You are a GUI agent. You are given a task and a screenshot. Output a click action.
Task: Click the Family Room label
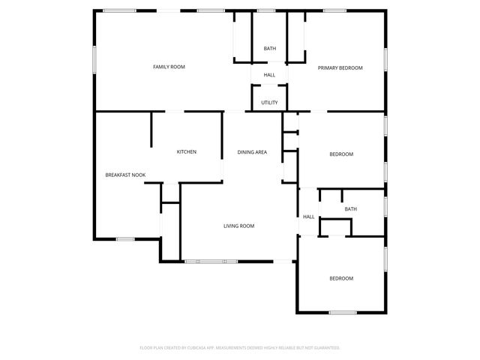(169, 67)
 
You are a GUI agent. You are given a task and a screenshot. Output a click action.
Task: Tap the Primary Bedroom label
(340, 67)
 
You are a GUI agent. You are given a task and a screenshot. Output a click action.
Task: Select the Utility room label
(269, 103)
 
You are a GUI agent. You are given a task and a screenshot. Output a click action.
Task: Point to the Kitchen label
(186, 152)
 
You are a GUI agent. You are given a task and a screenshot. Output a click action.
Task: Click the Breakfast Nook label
(125, 175)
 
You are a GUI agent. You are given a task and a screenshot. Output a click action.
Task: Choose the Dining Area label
(252, 152)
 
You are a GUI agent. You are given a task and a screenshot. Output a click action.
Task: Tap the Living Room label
(239, 226)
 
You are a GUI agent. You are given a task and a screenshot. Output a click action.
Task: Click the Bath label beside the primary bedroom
(269, 49)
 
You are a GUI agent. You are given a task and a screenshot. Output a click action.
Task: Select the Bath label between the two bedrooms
(351, 209)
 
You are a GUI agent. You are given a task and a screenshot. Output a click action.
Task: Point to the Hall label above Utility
(269, 75)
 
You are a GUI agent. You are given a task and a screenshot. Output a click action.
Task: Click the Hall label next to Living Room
(308, 217)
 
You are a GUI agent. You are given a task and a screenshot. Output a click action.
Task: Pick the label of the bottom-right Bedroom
(341, 278)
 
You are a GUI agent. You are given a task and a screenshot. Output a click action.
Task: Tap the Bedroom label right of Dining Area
(341, 154)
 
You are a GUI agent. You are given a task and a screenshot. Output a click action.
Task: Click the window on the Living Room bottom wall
(211, 261)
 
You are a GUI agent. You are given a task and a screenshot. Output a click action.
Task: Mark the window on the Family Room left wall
(94, 61)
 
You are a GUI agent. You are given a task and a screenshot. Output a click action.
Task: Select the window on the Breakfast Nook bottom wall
(124, 239)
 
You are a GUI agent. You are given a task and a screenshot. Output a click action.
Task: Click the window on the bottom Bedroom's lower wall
(341, 312)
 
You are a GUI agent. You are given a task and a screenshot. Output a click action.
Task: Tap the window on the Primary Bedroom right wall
(387, 60)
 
